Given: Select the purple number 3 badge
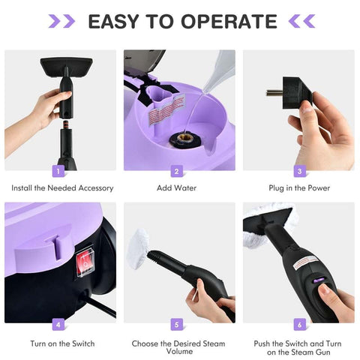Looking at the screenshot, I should pos(298,171).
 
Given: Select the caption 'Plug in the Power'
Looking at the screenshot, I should pos(298,187).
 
